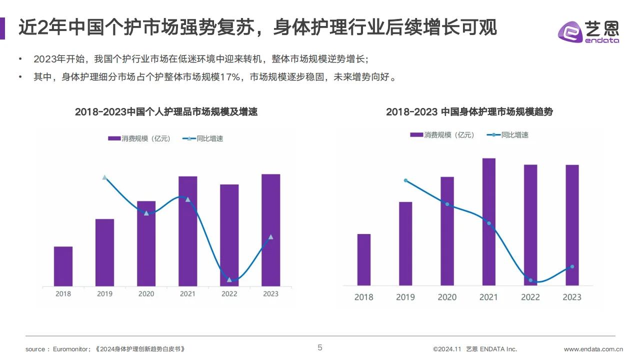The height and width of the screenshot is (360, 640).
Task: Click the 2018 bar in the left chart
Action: (x=63, y=266)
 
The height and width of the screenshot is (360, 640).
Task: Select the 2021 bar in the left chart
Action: (x=187, y=231)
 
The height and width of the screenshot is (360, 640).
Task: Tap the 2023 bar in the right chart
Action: (x=572, y=225)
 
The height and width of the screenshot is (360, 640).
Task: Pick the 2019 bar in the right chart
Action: (x=405, y=243)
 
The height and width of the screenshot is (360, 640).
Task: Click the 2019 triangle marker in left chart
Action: (x=104, y=177)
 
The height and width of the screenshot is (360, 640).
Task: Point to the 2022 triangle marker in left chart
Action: (x=229, y=279)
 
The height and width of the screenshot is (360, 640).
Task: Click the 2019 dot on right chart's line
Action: (x=405, y=180)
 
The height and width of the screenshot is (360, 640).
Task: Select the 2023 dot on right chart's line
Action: (x=572, y=266)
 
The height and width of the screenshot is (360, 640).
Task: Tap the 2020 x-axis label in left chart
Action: (x=146, y=294)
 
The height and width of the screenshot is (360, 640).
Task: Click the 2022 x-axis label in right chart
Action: (x=530, y=297)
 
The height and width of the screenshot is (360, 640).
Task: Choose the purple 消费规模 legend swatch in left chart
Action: (x=114, y=138)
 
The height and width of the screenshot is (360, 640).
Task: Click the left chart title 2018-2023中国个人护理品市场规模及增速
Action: (x=166, y=112)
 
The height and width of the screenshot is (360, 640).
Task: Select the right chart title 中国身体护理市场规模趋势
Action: (x=497, y=112)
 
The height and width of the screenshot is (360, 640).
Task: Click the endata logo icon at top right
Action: (x=570, y=32)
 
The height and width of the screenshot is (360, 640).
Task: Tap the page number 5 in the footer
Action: (x=320, y=348)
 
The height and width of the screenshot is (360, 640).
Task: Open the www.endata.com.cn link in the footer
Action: (x=593, y=349)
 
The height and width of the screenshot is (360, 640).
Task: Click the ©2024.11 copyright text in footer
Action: (x=446, y=349)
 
